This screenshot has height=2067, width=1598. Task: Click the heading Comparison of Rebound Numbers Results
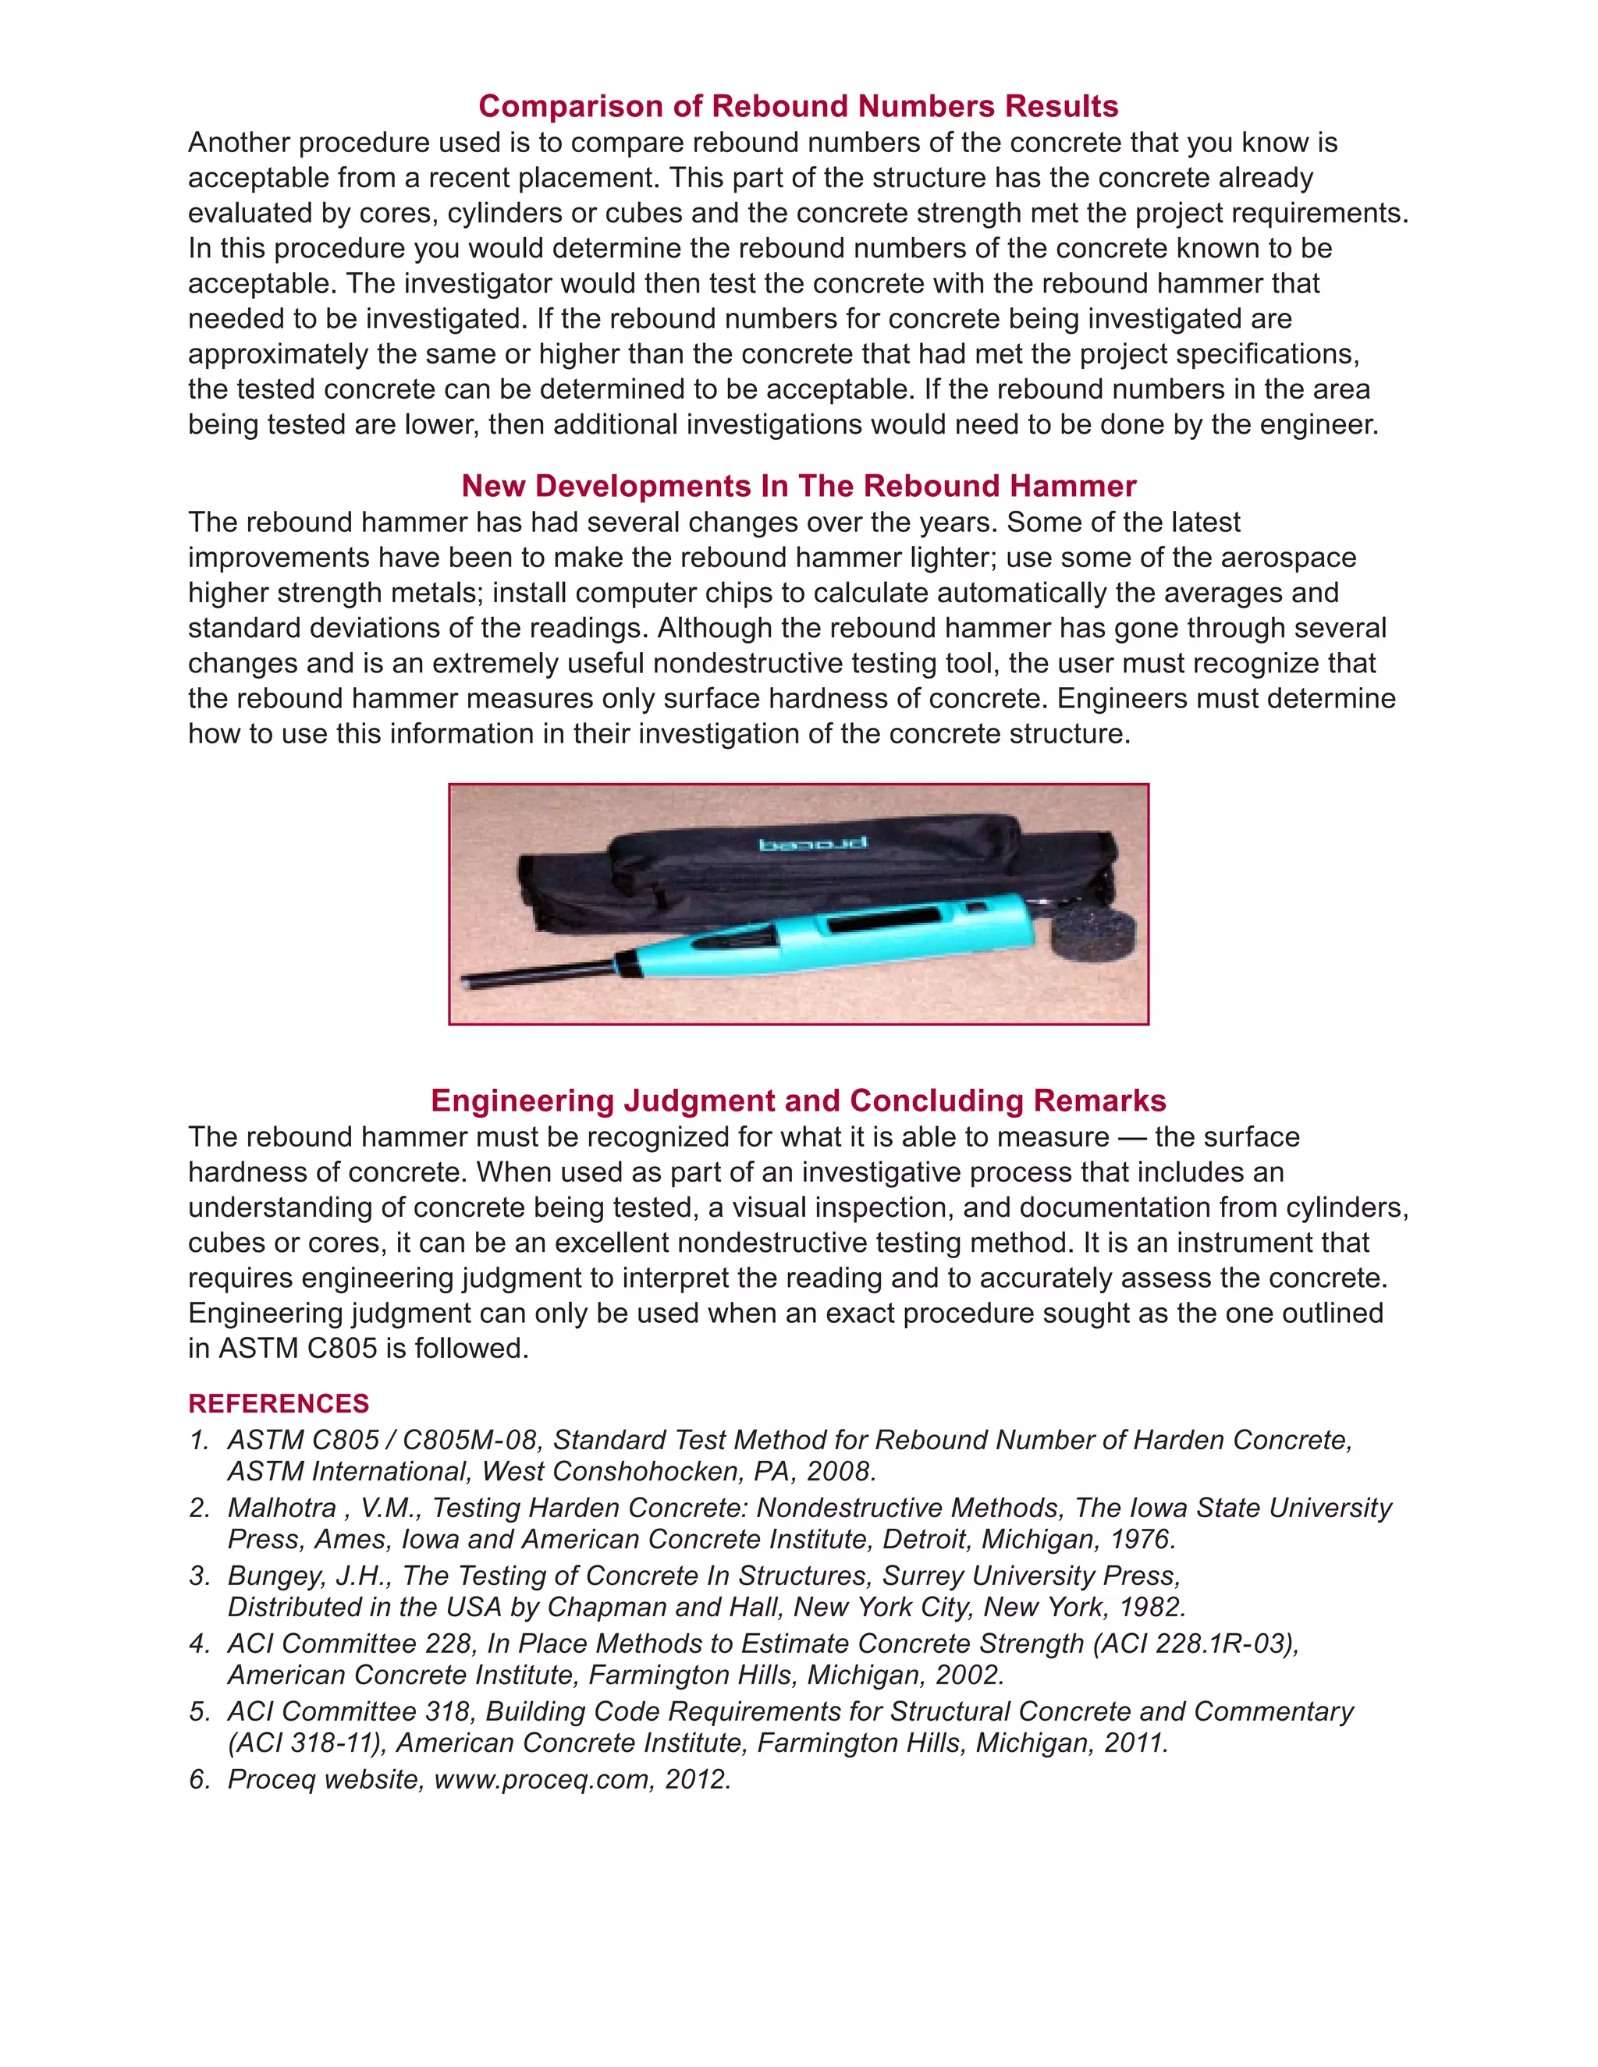798,106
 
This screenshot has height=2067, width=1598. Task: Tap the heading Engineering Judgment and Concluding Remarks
798,1100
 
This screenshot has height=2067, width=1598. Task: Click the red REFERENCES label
279,1403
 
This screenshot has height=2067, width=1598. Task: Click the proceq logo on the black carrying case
799,843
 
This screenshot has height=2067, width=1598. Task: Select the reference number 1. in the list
199,1440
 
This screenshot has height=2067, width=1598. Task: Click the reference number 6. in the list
199,1779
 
